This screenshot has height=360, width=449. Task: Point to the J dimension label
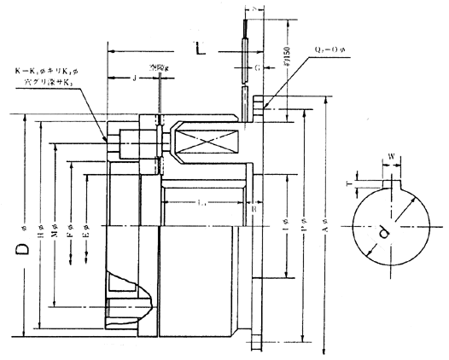click(136, 78)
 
